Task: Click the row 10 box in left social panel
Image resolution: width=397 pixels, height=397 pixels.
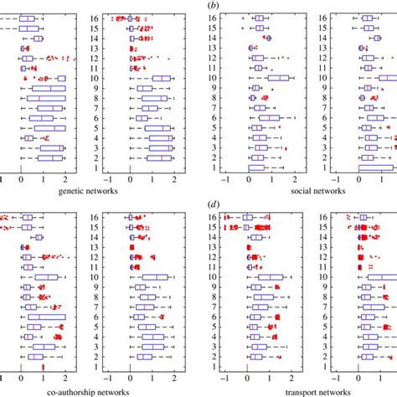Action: [x=279, y=78]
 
